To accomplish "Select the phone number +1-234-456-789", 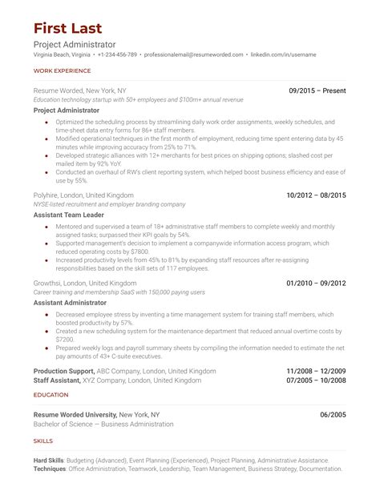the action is [117, 54].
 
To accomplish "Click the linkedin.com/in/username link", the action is [283, 54].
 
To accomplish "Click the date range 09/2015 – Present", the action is [317, 92].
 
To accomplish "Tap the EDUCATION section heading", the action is [51, 395].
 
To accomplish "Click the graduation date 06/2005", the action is [333, 414].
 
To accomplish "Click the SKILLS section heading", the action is [43, 441].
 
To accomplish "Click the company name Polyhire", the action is [49, 195].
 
